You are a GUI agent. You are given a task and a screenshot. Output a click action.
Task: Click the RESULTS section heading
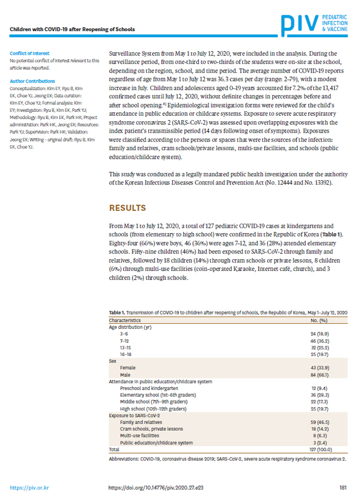coord(127,208)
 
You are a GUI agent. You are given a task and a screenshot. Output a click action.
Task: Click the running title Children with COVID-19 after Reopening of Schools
coord(72,29)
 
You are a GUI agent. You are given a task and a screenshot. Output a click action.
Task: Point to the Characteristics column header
coord(125,320)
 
